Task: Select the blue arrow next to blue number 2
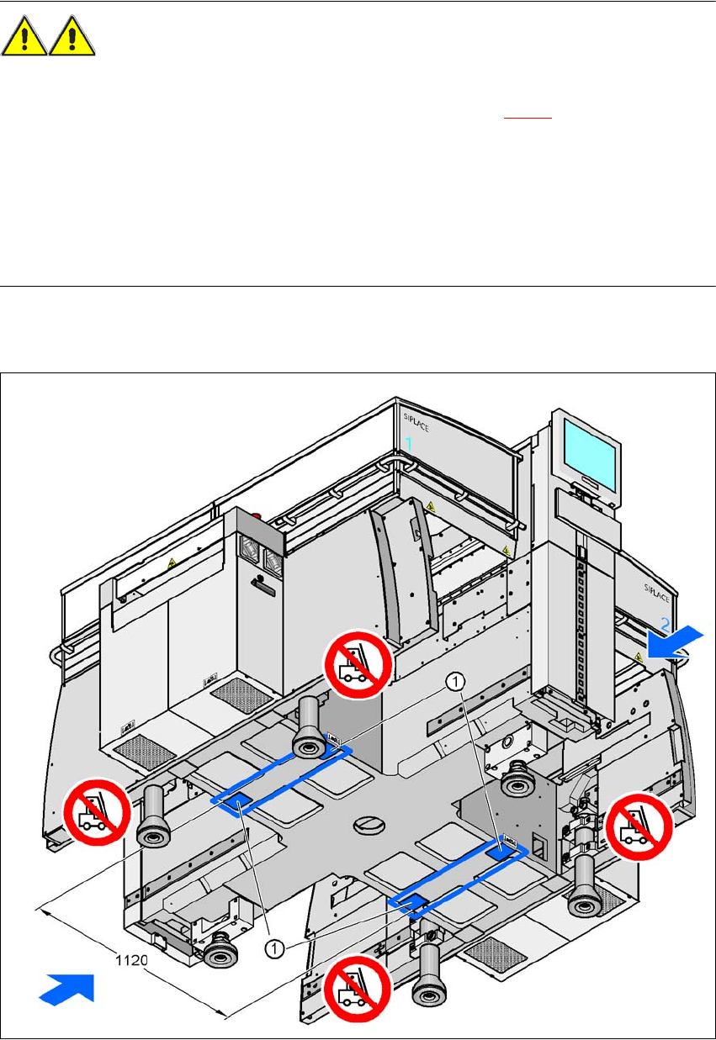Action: coord(675,641)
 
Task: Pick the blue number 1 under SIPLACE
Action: coord(409,442)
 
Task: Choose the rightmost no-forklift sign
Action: coord(640,826)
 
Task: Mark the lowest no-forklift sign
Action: coord(358,990)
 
